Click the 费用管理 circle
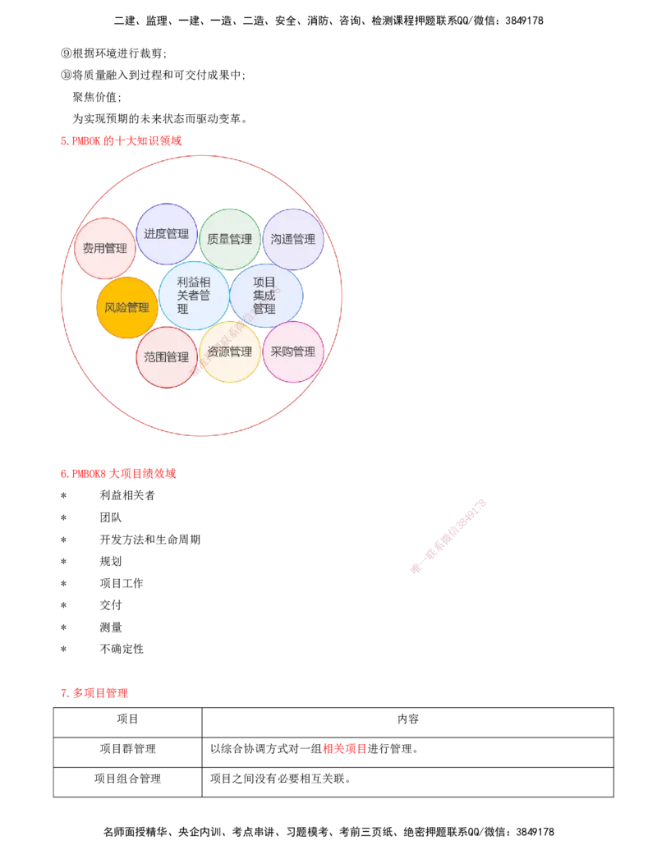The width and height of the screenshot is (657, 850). click(104, 248)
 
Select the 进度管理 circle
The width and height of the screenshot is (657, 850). click(167, 234)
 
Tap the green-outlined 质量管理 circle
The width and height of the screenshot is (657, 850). click(231, 239)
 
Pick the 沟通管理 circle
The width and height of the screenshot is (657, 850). click(293, 239)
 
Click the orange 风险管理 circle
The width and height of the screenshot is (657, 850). click(127, 308)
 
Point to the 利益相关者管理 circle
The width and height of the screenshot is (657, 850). click(194, 296)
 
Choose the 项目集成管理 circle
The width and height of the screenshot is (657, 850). click(265, 296)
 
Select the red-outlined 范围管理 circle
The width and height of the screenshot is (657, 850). click(167, 357)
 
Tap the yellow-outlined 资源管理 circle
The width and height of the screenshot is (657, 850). click(230, 352)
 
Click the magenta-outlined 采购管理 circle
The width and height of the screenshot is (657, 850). click(293, 351)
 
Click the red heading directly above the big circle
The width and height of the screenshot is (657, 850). click(122, 140)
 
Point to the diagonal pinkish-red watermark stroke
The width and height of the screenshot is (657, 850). click(448, 535)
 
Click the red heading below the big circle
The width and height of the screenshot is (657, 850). click(118, 474)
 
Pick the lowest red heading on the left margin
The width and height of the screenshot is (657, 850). click(94, 694)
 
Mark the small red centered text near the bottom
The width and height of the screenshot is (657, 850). click(344, 749)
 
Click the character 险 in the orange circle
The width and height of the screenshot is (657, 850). click(122, 308)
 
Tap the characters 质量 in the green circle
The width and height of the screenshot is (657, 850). click(219, 239)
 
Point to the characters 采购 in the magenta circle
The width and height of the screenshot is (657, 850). click(282, 351)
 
